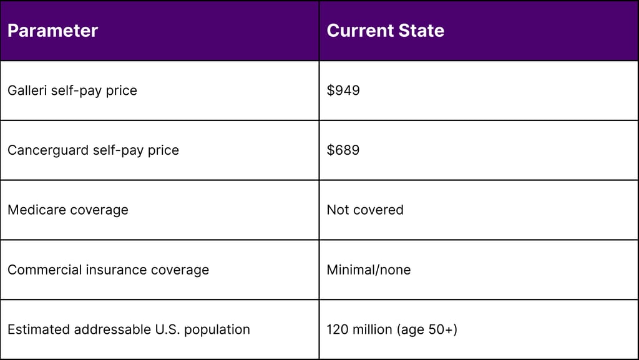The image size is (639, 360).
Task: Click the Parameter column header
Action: click(52, 31)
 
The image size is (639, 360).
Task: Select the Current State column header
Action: click(385, 31)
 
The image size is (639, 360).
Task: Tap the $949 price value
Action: click(343, 90)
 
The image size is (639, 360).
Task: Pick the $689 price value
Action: click(343, 150)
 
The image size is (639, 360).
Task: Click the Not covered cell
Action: click(365, 210)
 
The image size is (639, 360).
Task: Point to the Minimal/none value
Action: click(369, 270)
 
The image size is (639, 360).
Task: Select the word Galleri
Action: click(26, 90)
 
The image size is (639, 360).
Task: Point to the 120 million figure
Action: click(359, 329)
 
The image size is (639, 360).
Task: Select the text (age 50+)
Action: click(427, 329)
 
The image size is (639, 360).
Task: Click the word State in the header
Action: click(421, 31)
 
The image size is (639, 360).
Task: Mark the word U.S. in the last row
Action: click(167, 329)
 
